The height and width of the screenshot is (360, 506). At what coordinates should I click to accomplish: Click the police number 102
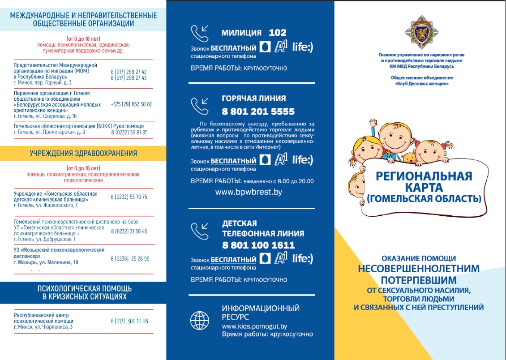click(x=277, y=33)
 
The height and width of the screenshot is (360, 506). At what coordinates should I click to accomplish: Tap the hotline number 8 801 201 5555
click(x=258, y=111)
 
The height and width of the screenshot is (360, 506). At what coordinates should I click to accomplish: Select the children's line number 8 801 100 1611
click(x=258, y=245)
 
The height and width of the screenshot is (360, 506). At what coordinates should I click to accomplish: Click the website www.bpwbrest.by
click(x=249, y=192)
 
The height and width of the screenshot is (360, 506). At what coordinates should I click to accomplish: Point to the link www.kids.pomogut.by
click(x=254, y=326)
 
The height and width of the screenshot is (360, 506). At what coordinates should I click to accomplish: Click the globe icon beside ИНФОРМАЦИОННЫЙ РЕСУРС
click(x=199, y=320)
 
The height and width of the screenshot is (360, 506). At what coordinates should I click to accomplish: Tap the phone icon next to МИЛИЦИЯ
click(x=200, y=34)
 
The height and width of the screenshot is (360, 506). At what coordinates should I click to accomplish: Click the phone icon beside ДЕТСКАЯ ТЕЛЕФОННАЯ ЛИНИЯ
click(x=200, y=231)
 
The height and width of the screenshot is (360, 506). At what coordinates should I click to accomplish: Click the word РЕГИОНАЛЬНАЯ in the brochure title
click(x=424, y=176)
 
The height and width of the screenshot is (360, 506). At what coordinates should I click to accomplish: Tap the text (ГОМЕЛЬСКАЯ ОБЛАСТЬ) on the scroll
click(x=424, y=197)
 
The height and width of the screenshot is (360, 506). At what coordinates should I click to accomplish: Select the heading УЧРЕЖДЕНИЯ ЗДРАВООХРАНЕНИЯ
click(x=83, y=154)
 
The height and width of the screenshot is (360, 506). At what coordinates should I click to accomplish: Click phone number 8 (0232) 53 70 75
click(x=129, y=197)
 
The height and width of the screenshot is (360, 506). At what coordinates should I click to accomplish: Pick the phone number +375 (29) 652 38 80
click(x=131, y=104)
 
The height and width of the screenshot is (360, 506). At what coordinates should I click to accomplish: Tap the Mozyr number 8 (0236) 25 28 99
click(x=130, y=259)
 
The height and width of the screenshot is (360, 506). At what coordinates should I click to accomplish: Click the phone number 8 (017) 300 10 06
click(x=129, y=321)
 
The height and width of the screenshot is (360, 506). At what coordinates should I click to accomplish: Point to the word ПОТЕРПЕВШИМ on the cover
click(x=419, y=280)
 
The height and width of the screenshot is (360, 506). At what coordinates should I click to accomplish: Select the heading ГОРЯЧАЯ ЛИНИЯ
click(x=253, y=99)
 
